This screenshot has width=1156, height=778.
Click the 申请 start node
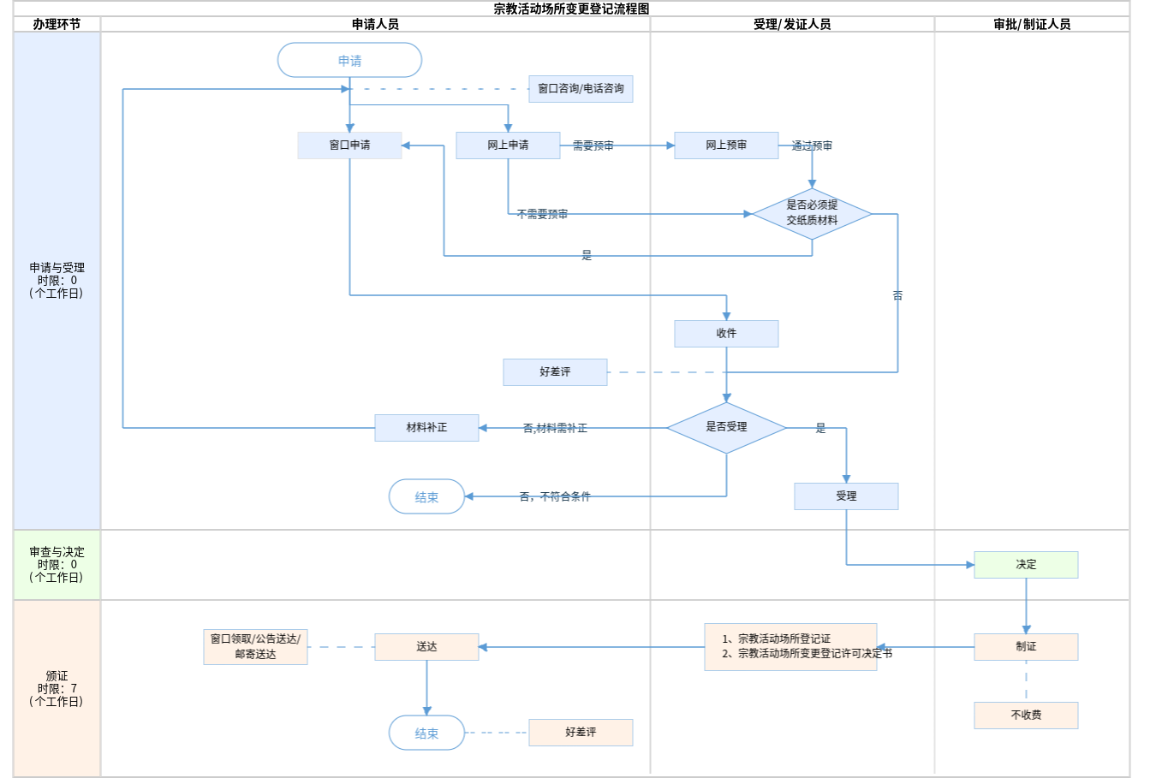[x=349, y=61]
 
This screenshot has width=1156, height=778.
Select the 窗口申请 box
[x=349, y=146]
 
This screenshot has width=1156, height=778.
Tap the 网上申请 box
[x=508, y=146]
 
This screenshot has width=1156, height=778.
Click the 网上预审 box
[x=726, y=146]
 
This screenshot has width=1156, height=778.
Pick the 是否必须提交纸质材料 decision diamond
[x=812, y=213]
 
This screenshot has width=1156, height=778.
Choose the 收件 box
[x=726, y=334]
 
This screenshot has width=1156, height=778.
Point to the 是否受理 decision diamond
[x=726, y=427]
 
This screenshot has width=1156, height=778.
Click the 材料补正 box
[x=426, y=427]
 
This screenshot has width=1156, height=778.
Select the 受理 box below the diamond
[x=846, y=496]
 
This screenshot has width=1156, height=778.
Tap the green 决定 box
[x=1026, y=565]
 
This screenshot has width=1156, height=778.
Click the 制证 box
[x=1026, y=647]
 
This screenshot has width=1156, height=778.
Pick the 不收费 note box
[x=1026, y=716]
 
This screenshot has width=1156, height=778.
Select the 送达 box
[x=426, y=647]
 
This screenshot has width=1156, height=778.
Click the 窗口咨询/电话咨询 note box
[x=581, y=89]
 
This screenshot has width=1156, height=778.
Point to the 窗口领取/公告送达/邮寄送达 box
[x=255, y=647]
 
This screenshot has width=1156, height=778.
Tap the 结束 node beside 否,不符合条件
[x=426, y=496]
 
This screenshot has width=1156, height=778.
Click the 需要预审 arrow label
[x=593, y=146]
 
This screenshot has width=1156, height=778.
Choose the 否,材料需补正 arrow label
[x=555, y=428]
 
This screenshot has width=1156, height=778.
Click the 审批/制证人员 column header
[x=1032, y=25]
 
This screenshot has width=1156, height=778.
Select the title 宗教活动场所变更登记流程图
[x=571, y=9]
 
